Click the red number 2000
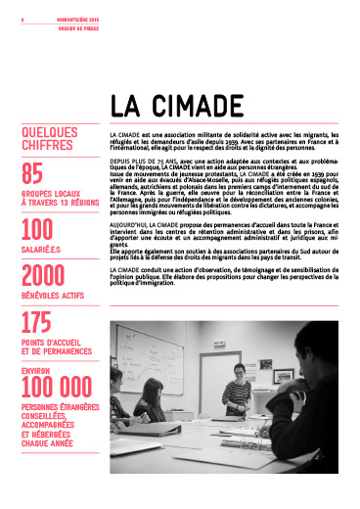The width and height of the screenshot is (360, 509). point(49,276)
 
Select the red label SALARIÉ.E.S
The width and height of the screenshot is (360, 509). point(42,249)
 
